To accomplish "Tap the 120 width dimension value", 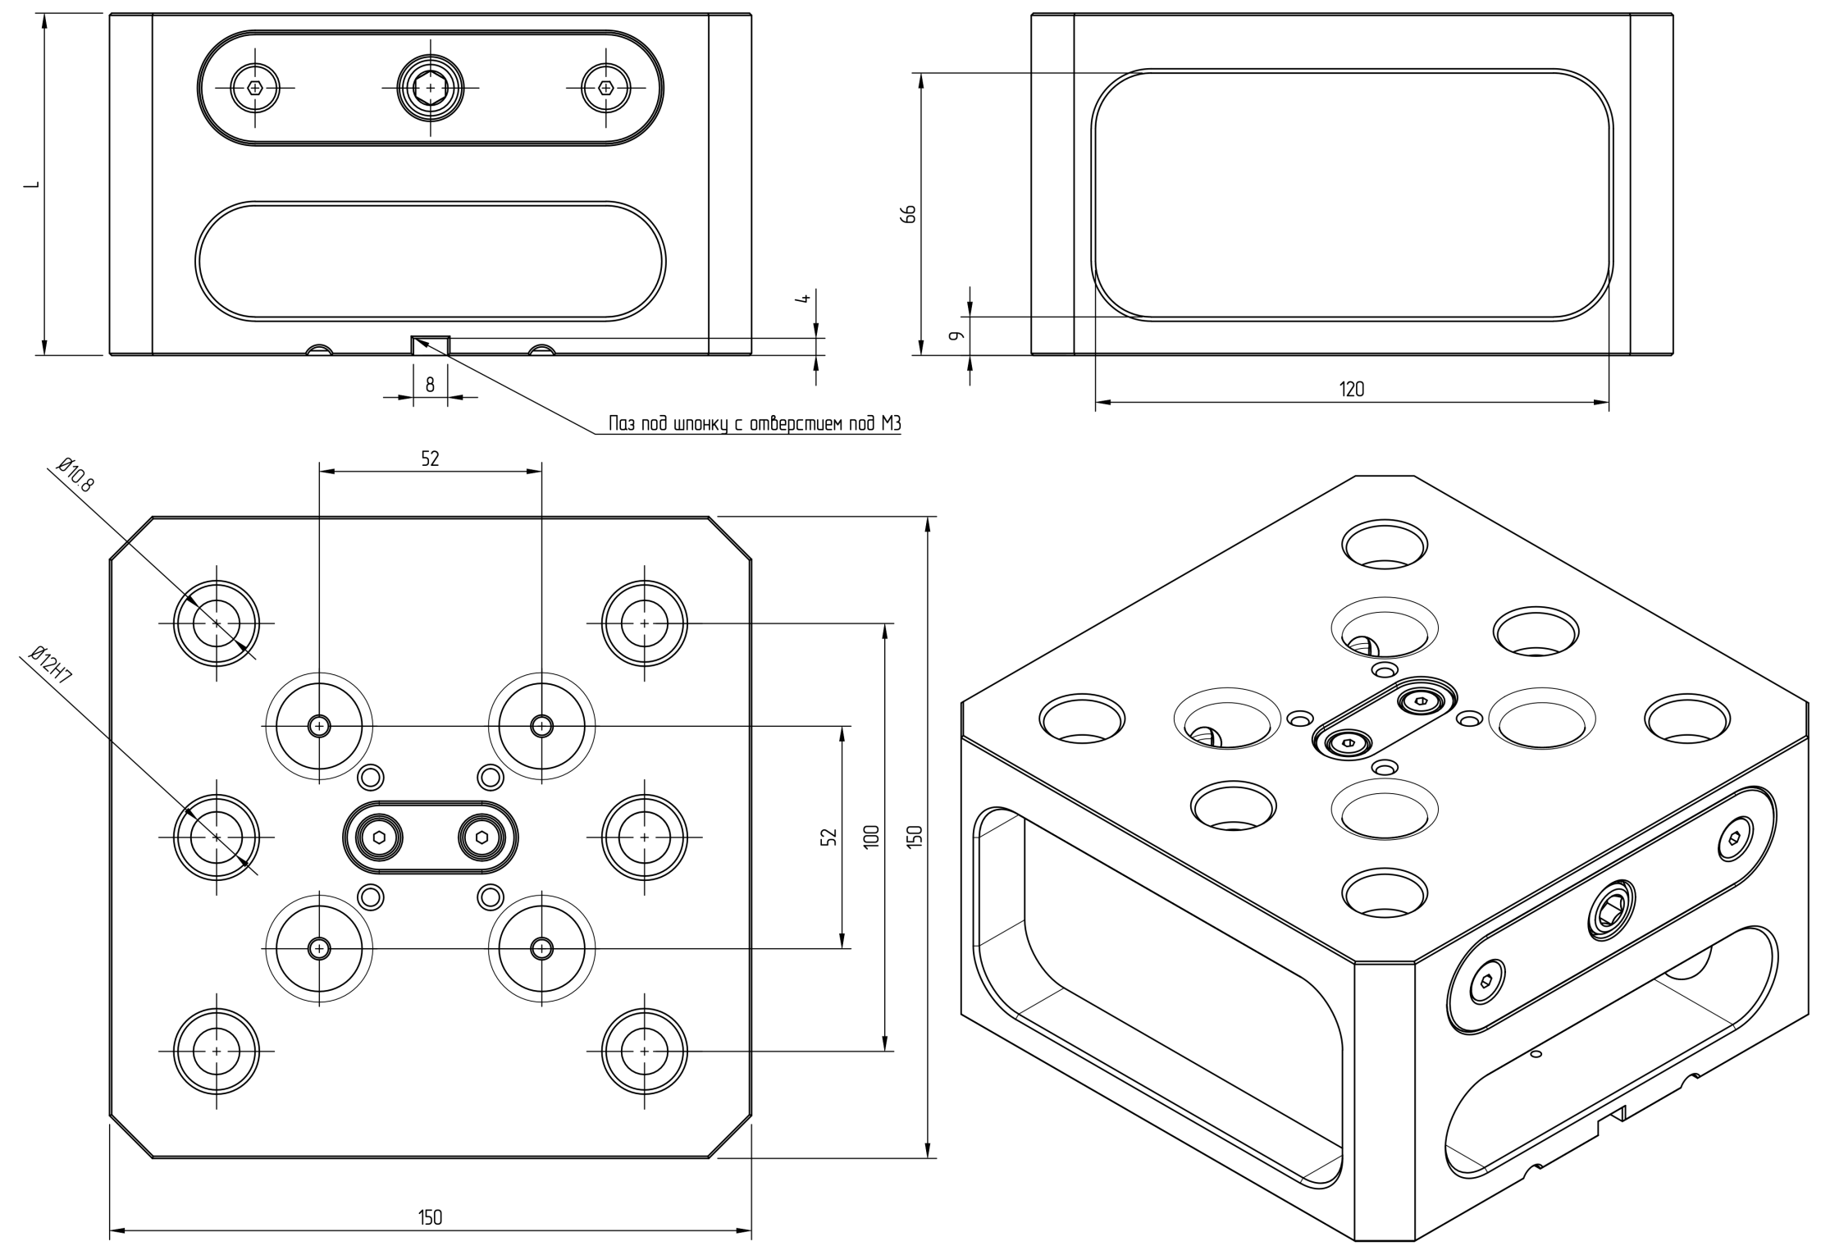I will pyautogui.click(x=1351, y=390).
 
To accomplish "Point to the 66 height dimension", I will pyautogui.click(x=908, y=213).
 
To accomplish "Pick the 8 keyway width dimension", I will pyautogui.click(x=430, y=384).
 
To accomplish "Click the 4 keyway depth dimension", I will pyautogui.click(x=806, y=299).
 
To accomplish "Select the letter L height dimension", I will pyautogui.click(x=31, y=185).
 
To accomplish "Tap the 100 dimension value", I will pyautogui.click(x=871, y=837).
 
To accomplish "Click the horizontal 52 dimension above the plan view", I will pyautogui.click(x=430, y=459).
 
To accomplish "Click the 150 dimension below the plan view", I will pyautogui.click(x=430, y=1217).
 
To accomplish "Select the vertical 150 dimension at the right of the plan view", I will pyautogui.click(x=915, y=837).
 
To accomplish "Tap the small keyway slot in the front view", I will pyautogui.click(x=430, y=345).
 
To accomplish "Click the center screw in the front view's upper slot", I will pyautogui.click(x=430, y=86).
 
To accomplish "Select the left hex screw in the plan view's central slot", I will pyautogui.click(x=379, y=837).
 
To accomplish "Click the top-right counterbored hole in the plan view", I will pyautogui.click(x=644, y=623).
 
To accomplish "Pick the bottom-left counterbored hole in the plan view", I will pyautogui.click(x=217, y=1051).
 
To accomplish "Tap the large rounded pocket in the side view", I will pyautogui.click(x=1351, y=194).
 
